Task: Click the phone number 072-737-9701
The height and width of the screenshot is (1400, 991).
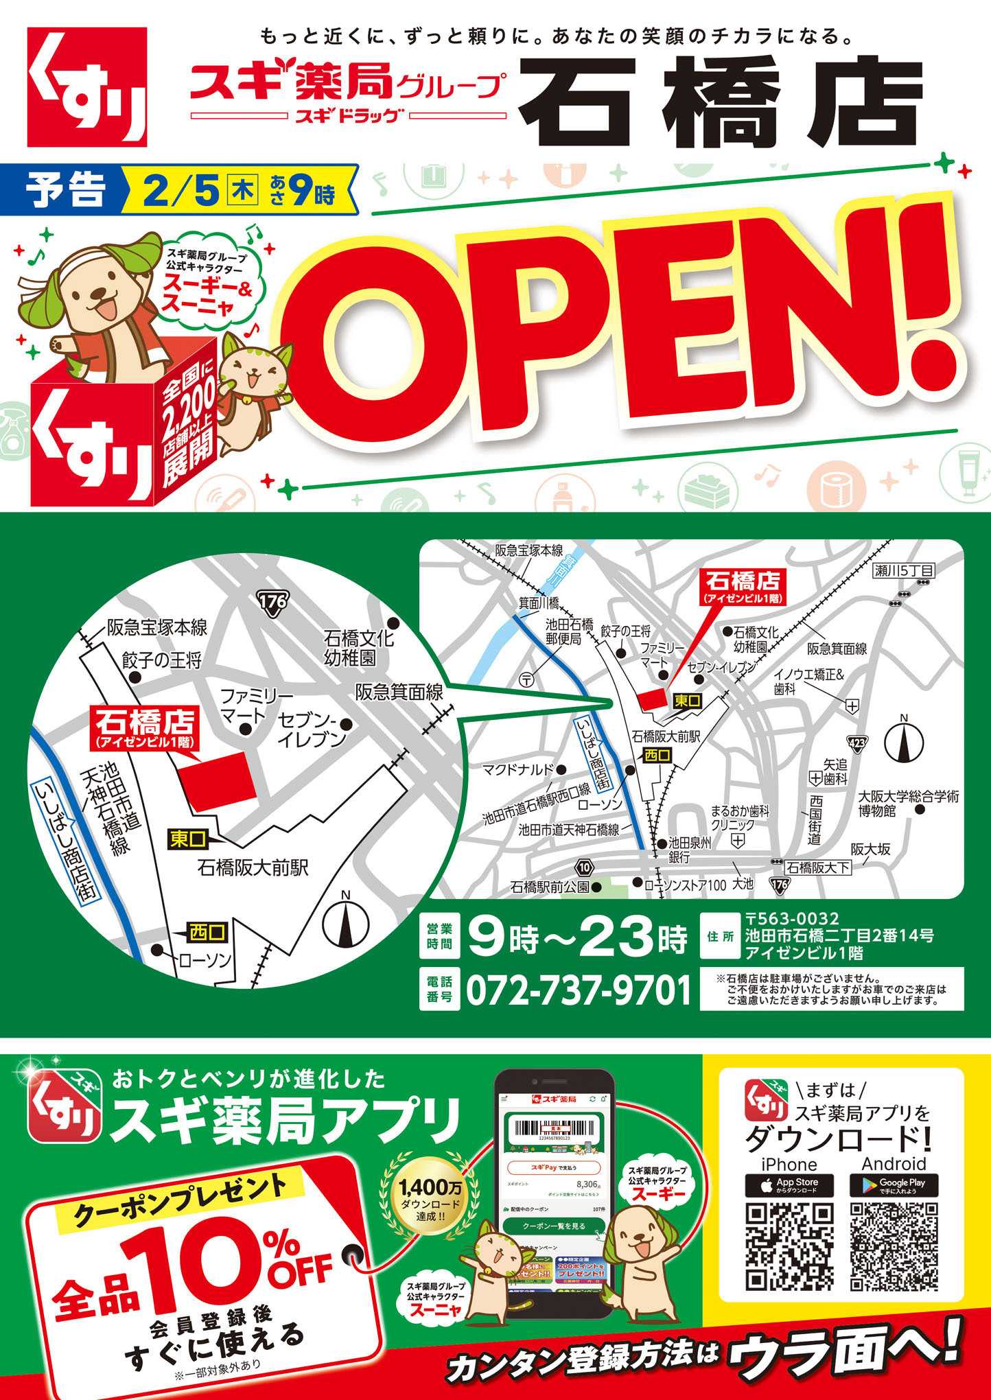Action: pos(579,991)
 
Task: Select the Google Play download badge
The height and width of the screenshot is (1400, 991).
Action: pos(894,1185)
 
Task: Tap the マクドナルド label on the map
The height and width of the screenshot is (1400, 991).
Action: pos(518,769)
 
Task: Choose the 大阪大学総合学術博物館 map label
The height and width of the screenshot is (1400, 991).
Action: pos(908,804)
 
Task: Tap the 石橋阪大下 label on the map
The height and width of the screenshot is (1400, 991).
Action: pos(818,867)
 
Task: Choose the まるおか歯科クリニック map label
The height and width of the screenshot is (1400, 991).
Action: pos(740,817)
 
